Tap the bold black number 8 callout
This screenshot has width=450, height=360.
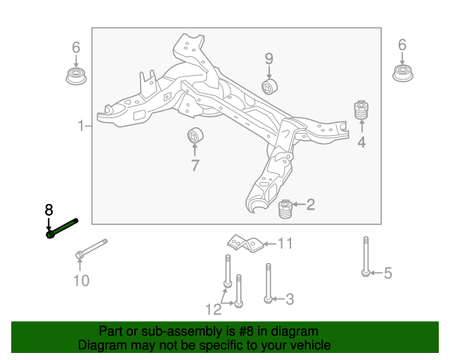49,210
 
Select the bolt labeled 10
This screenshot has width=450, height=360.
91,247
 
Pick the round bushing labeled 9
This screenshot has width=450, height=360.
270,86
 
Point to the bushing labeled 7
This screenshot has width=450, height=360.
195,135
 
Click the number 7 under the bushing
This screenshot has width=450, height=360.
195,166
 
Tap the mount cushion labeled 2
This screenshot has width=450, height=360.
285,209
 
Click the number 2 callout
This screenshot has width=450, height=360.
310,205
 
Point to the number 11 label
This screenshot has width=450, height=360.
284,244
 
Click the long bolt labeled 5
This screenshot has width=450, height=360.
366,257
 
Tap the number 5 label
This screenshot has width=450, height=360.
387,274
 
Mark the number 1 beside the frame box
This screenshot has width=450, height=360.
81,127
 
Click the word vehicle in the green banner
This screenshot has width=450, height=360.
307,345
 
